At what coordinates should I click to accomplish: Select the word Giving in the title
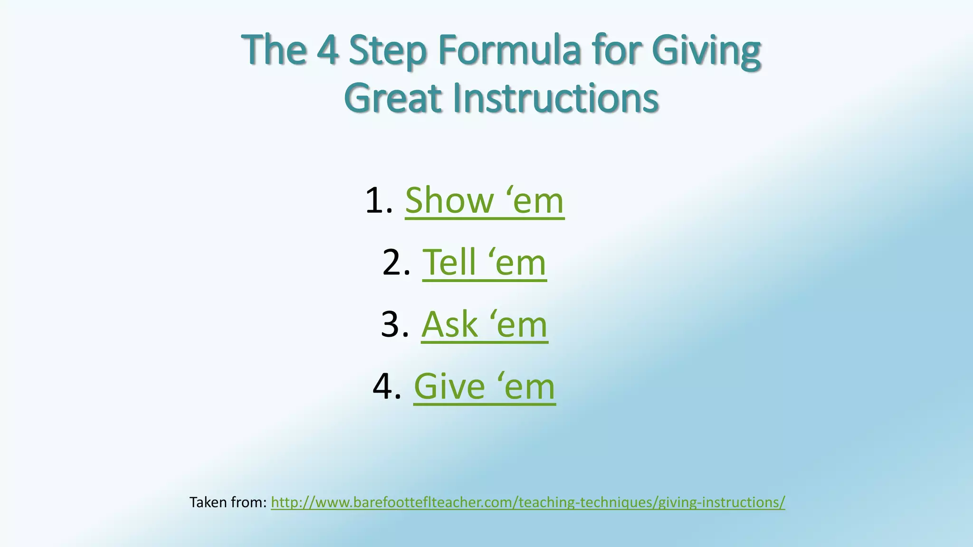706,51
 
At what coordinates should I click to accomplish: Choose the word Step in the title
388,51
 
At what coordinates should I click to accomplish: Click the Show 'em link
484,200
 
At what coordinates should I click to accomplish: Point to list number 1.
378,200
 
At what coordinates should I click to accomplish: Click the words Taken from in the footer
228,502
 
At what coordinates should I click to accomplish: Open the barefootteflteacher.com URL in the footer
527,502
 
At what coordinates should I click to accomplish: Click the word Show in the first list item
449,200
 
